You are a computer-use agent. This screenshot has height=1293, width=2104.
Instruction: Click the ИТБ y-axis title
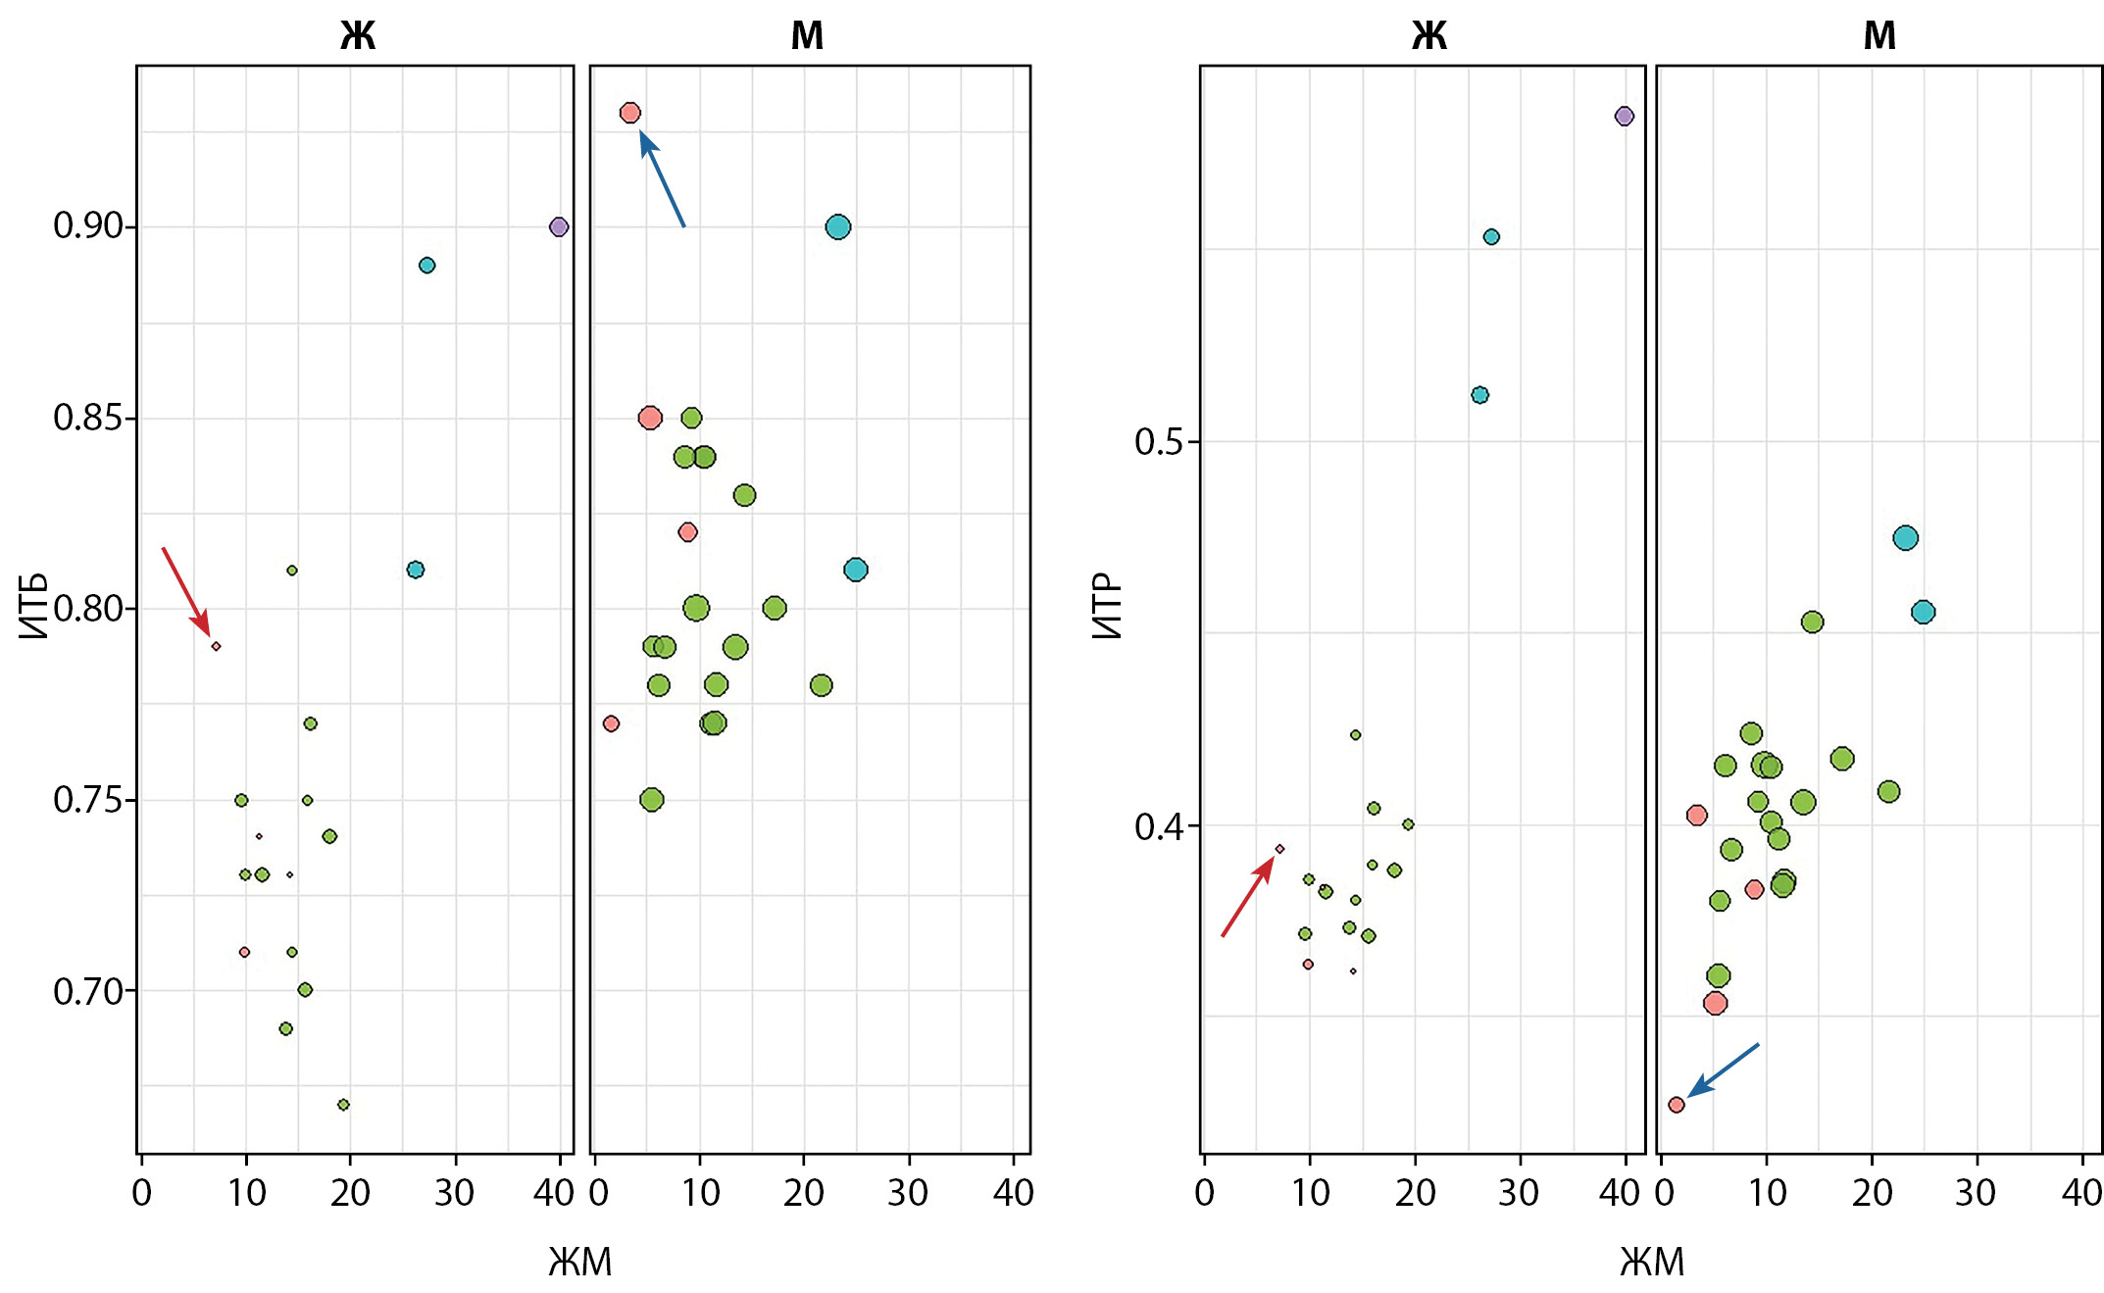(33, 606)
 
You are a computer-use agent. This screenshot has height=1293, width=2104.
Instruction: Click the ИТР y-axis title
(1107, 606)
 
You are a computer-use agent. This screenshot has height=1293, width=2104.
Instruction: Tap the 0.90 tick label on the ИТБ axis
(88, 225)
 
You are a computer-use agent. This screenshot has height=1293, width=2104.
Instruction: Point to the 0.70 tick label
(88, 991)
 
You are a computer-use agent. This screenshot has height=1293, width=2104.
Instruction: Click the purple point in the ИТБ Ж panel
(559, 226)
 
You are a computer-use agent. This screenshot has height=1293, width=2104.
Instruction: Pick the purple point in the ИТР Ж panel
(1625, 116)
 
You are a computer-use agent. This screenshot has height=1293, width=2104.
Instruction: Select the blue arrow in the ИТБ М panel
(662, 178)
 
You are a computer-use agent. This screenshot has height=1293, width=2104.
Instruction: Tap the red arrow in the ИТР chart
(1248, 896)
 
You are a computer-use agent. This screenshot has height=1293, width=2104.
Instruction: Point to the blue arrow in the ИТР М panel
(1724, 1070)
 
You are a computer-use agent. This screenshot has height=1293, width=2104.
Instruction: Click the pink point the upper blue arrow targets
(630, 113)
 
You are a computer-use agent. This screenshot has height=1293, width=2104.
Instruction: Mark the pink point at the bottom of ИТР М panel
(1677, 1105)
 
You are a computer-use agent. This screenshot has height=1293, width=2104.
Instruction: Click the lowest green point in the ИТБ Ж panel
(343, 1105)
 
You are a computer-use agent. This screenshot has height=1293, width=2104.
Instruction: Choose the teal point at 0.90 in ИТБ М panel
(838, 227)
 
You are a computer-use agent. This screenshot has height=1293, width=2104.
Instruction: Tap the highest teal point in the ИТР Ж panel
(1491, 236)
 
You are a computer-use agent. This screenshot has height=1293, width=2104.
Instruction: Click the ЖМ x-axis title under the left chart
(580, 1262)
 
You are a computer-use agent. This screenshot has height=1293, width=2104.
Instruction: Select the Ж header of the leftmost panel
(358, 36)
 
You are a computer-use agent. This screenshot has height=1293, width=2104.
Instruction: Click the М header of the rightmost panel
(1879, 36)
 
